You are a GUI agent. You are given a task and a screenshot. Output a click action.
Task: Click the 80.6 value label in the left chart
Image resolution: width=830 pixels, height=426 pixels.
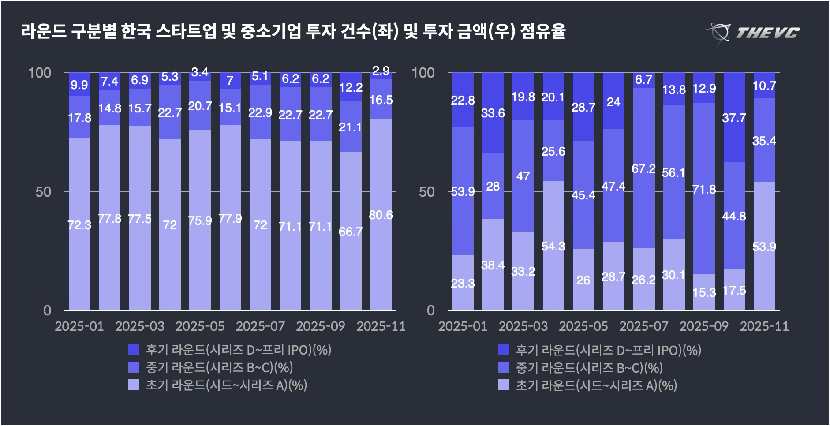381,215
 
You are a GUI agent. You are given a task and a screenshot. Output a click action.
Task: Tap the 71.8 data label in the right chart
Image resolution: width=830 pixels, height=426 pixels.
704,190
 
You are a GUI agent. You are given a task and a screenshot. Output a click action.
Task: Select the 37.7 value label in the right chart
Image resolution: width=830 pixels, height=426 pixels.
734,118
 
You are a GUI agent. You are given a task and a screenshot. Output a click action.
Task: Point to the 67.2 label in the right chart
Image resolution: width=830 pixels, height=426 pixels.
643,168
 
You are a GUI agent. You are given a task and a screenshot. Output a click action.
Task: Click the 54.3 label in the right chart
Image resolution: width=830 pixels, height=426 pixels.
553,246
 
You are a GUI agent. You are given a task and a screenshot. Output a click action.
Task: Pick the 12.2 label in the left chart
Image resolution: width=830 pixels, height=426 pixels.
351,87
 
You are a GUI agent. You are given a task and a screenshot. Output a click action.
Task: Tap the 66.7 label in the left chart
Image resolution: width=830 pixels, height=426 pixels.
351,232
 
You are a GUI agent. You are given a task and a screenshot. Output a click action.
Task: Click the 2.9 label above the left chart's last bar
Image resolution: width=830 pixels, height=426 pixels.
381,71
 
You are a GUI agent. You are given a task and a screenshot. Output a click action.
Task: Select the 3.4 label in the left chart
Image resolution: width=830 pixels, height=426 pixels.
200,71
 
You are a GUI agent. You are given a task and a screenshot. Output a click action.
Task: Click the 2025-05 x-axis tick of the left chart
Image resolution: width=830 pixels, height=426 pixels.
200,326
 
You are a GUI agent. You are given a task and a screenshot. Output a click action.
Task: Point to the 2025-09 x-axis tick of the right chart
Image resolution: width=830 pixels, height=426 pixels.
704,326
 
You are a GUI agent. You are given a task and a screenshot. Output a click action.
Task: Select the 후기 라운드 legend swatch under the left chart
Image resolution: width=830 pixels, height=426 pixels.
134,350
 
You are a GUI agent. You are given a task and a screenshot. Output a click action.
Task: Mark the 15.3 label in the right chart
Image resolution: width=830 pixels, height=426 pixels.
704,292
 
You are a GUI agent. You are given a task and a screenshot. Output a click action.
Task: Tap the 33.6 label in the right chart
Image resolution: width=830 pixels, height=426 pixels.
493,113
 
